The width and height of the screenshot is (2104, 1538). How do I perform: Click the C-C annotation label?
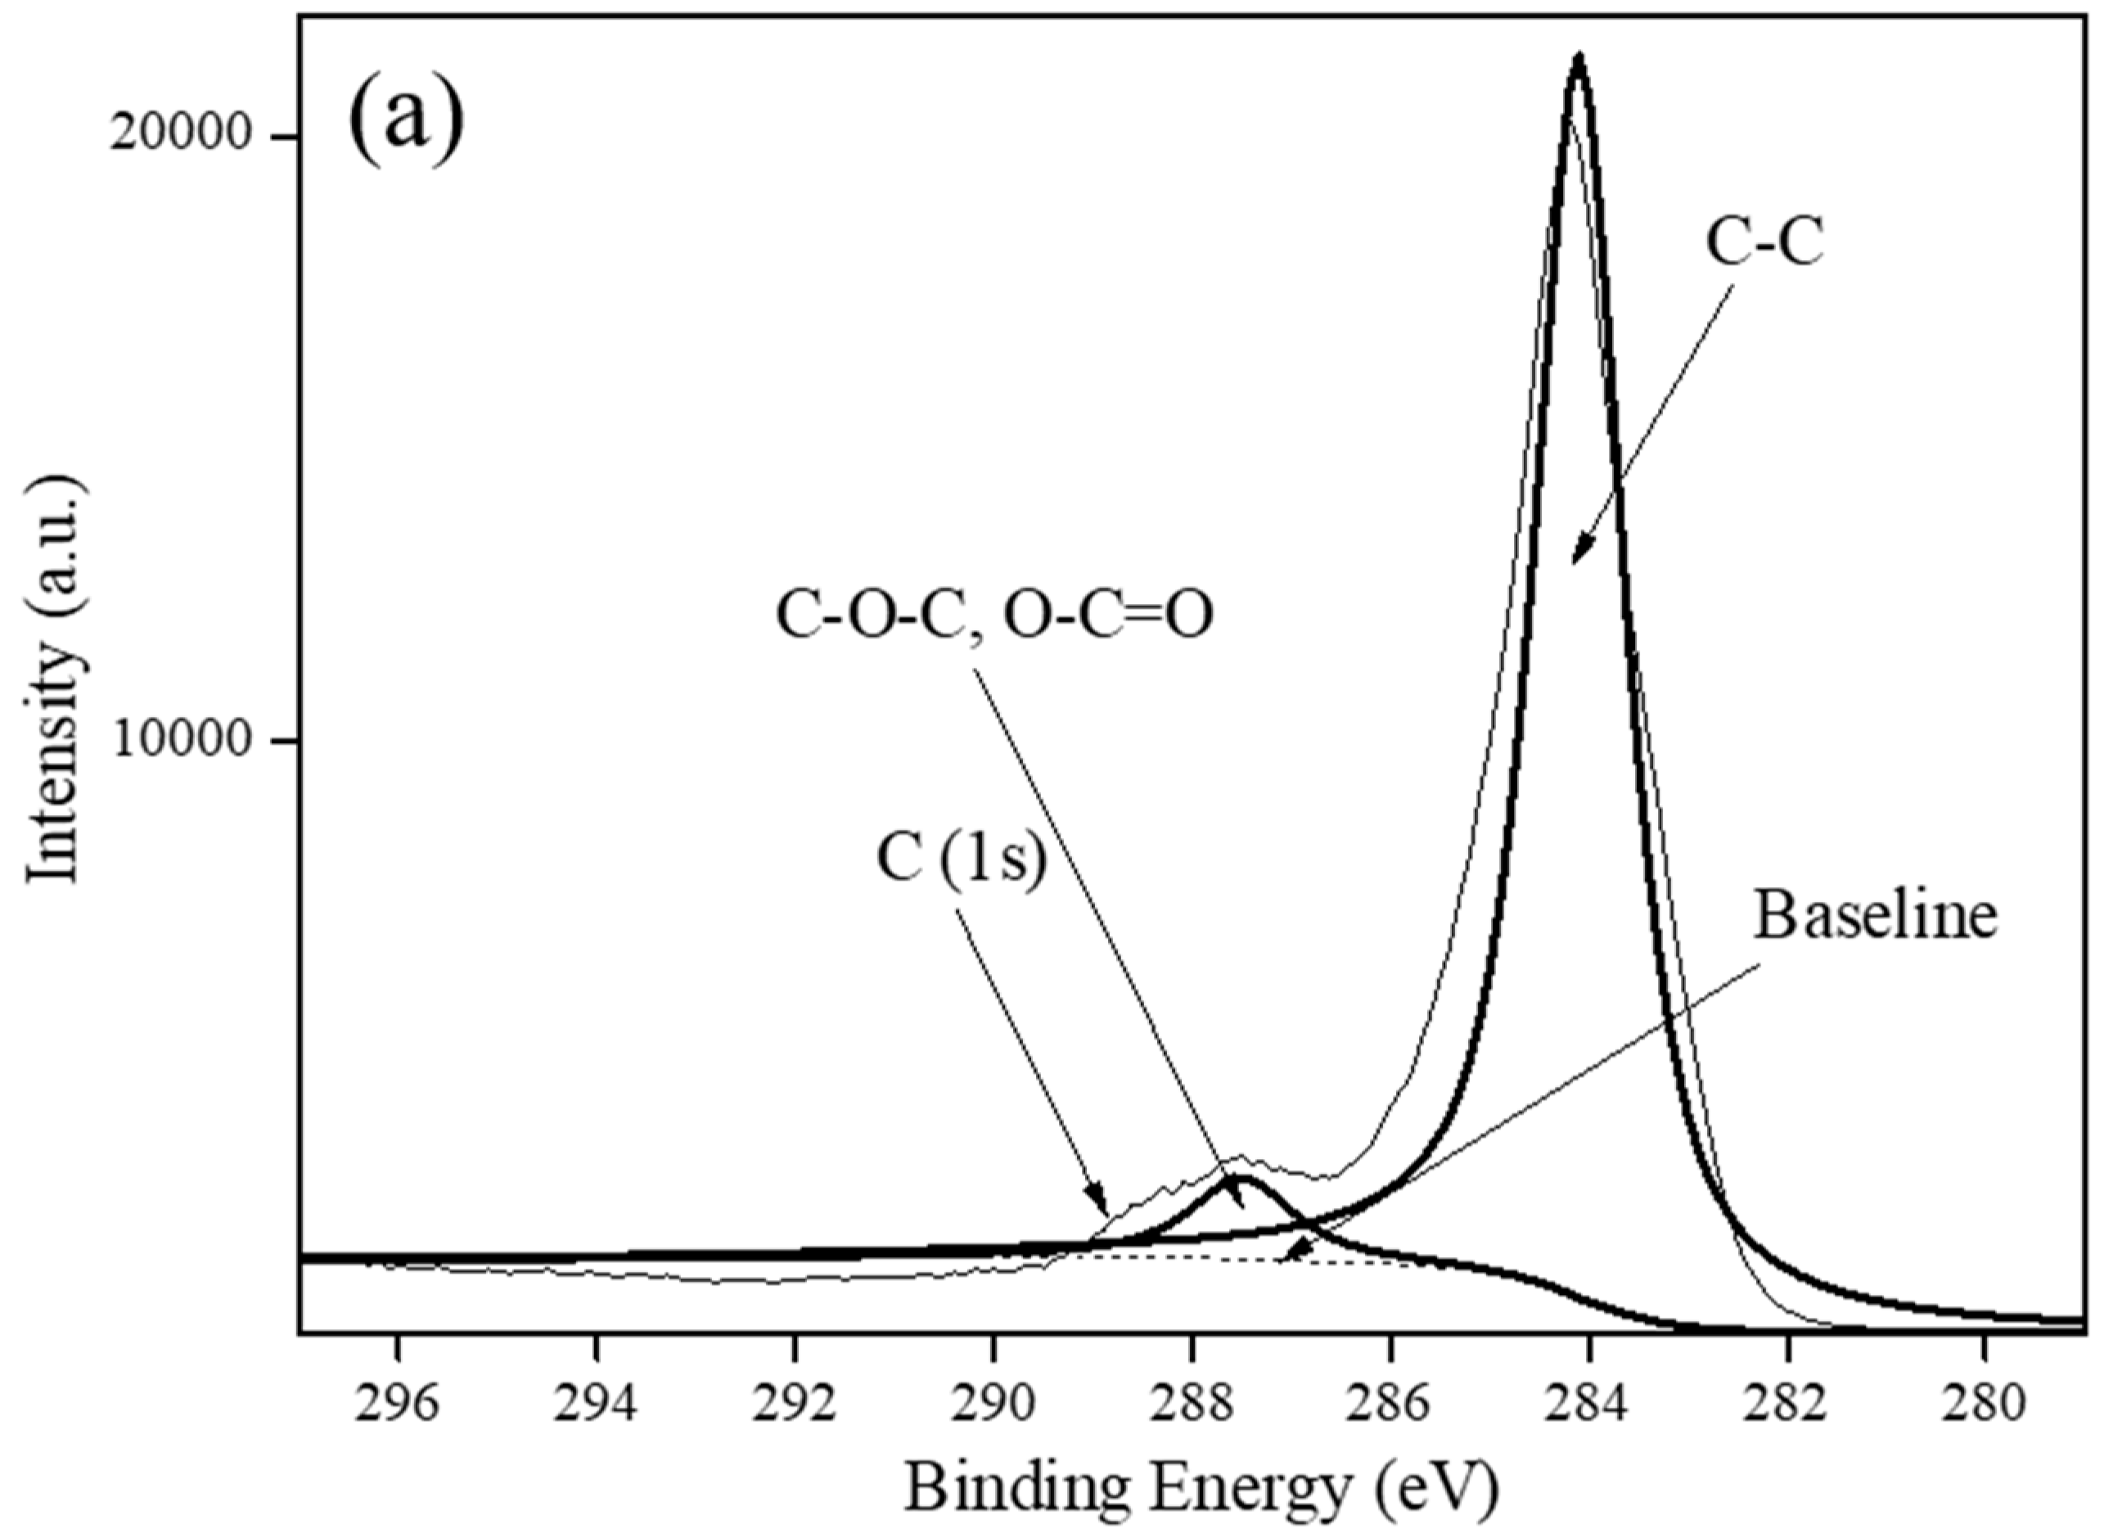coord(1764,245)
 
